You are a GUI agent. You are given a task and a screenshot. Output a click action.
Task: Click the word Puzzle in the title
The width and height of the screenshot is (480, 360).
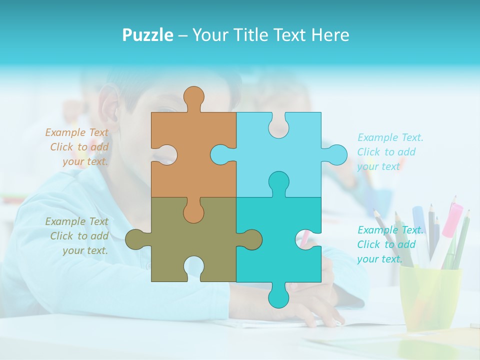tap(148, 35)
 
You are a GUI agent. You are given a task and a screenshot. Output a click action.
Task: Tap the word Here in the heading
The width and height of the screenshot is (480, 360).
tap(330, 35)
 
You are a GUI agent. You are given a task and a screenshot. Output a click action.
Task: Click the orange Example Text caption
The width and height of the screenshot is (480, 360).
tap(78, 147)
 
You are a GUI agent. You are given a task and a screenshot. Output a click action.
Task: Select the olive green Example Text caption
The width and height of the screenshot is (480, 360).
tap(78, 236)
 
